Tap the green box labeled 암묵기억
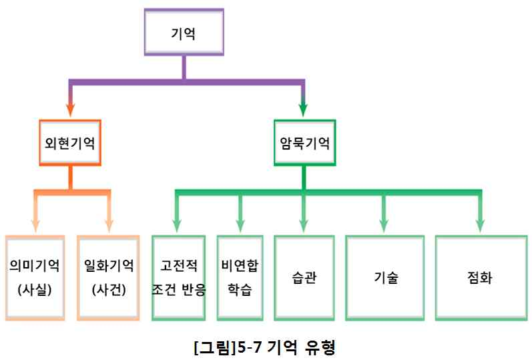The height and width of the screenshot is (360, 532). coord(304,143)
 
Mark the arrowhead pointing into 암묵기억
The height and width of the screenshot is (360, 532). coord(304,108)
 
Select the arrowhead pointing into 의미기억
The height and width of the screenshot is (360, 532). coord(35,223)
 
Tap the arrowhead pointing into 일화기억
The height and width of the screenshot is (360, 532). coord(109,223)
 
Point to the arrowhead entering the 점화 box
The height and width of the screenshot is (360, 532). coord(480,223)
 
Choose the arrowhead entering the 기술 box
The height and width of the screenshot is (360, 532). coord(384,223)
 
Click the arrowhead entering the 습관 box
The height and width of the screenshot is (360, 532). coord(304,223)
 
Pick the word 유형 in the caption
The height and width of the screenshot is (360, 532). coord(322,347)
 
